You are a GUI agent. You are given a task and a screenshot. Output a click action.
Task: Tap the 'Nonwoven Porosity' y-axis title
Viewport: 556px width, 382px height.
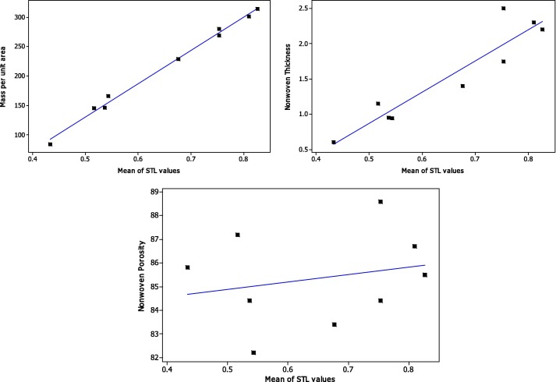[x=143, y=279]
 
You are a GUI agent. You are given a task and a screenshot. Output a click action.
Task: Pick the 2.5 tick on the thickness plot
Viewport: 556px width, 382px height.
[x=303, y=9]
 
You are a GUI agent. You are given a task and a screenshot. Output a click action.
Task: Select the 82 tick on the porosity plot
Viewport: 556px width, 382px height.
[x=157, y=358]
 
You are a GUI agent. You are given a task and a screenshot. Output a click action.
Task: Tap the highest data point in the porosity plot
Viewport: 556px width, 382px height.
[x=381, y=202]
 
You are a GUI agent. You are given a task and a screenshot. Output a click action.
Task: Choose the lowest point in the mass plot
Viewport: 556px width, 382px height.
[x=51, y=144]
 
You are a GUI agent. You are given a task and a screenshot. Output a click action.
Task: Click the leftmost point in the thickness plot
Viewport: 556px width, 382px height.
[x=334, y=143]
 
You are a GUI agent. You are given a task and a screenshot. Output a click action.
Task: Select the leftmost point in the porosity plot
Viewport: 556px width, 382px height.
[x=188, y=267]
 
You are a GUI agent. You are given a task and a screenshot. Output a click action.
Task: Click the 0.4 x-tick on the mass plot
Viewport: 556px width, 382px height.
[x=32, y=161]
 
